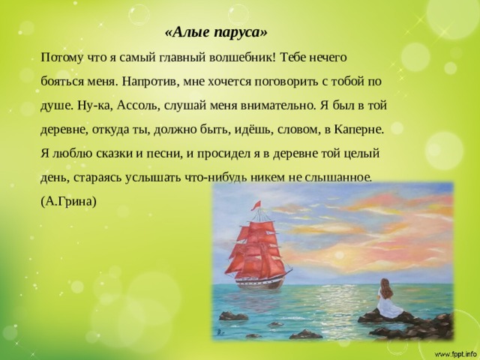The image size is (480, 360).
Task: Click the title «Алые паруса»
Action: point(214,33)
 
